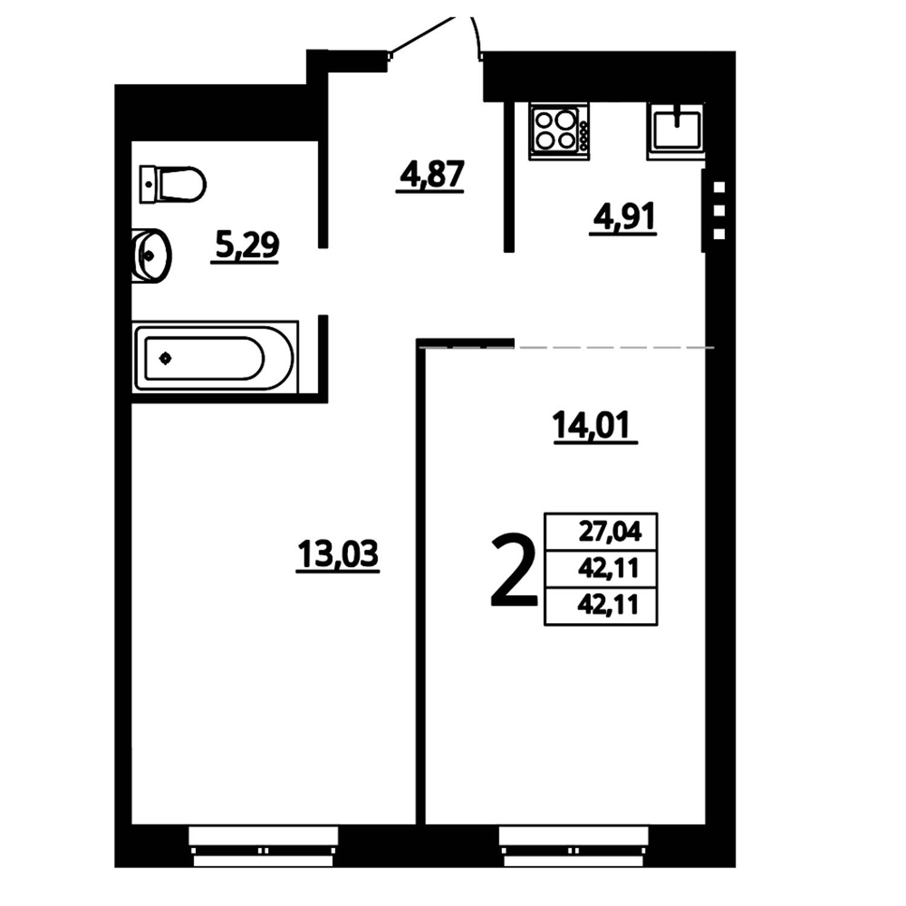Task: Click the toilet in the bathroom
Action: (x=173, y=184)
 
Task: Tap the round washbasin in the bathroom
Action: (x=151, y=255)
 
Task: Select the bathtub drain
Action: (x=165, y=359)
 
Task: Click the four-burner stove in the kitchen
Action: (x=559, y=130)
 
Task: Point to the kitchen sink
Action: (x=676, y=130)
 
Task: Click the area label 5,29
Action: (x=245, y=248)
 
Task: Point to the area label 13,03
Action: (x=338, y=555)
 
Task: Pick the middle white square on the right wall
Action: (x=719, y=211)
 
